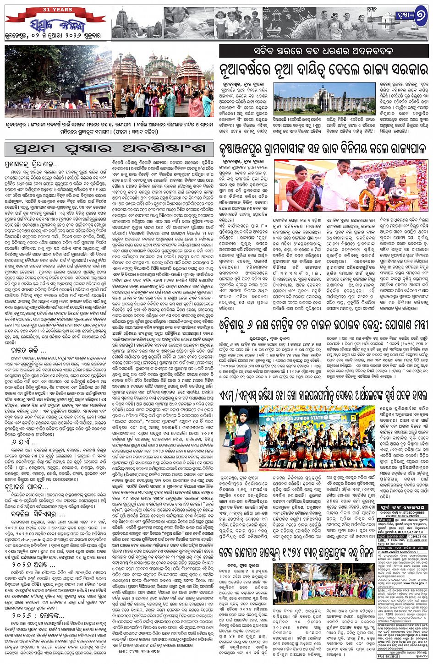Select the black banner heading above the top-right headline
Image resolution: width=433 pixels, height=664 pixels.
click(x=324, y=50)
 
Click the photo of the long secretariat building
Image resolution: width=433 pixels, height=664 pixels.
click(x=325, y=98)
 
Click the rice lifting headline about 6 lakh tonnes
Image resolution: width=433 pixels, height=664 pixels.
click(x=323, y=325)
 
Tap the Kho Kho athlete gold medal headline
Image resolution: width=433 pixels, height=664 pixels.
click(x=323, y=395)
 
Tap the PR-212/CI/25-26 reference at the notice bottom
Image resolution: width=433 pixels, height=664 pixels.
click(x=389, y=656)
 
